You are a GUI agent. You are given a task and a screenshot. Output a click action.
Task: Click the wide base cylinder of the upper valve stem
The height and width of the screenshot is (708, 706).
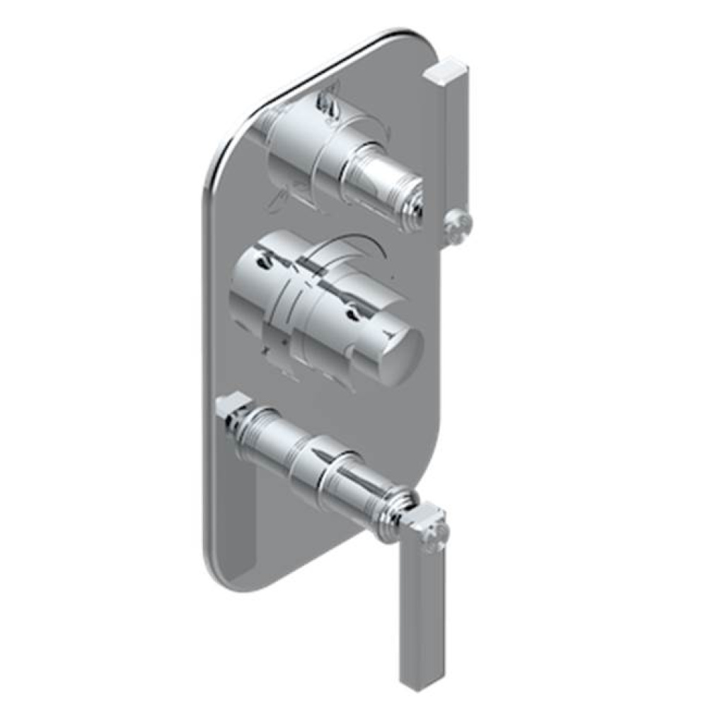[297, 149]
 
